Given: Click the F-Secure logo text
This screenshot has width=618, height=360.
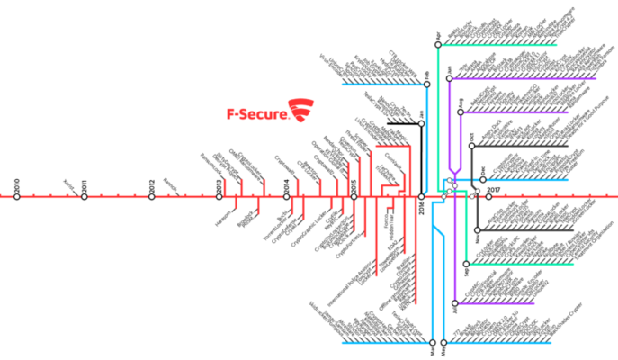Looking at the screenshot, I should click(x=256, y=114).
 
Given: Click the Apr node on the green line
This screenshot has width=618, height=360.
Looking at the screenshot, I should click(x=437, y=43).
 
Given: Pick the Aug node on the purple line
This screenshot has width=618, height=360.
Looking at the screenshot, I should click(x=460, y=112).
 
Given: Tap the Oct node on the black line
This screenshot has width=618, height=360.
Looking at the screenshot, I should click(x=470, y=146).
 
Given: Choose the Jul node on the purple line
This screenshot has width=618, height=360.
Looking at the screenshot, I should click(x=455, y=300).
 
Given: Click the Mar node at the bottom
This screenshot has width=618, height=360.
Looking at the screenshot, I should click(x=434, y=342).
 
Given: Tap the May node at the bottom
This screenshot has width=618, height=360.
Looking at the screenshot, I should click(x=445, y=342).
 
